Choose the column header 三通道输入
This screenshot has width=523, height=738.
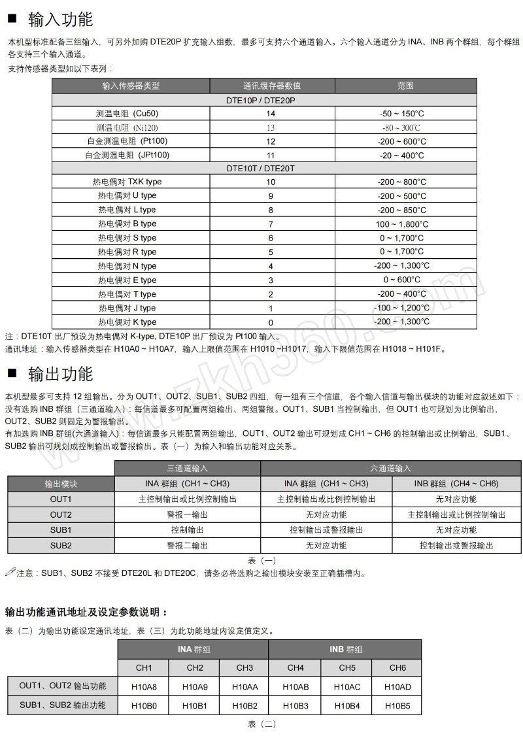coord(188,468)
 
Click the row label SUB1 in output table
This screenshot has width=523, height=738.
coord(61,530)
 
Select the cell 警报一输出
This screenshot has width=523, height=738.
coord(188,515)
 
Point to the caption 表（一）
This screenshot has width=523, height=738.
coord(262,561)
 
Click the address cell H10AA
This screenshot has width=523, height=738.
coord(245,687)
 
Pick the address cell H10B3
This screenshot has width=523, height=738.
coord(295,706)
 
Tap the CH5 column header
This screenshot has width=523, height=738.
coord(347,668)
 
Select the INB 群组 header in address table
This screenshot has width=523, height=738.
coord(346,650)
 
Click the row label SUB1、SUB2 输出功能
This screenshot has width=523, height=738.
coord(63,705)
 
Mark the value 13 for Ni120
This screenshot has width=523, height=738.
coord(271,127)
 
